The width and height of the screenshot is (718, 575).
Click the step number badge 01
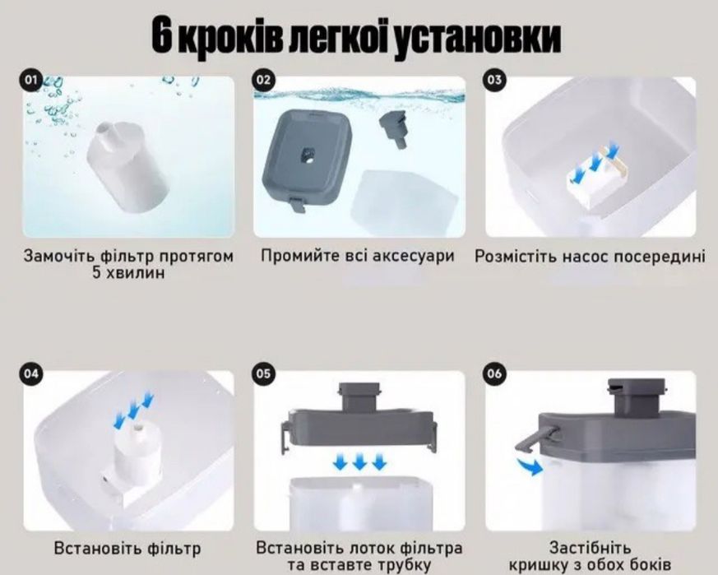coord(30,81)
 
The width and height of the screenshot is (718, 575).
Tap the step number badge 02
coord(263,81)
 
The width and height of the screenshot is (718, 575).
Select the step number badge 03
coord(494,81)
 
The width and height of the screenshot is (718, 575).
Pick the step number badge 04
coord(30,373)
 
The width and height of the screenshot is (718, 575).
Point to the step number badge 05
coord(263,373)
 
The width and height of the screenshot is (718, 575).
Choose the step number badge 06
coord(494,373)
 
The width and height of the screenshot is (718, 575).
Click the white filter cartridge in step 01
coord(128,168)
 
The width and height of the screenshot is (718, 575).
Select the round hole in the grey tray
coord(308,155)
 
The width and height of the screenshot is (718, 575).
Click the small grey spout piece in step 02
coord(393,129)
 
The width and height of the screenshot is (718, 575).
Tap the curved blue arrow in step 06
coord(530,466)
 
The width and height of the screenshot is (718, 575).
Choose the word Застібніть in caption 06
coord(591,548)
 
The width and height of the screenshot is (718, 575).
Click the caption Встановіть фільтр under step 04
coord(127,549)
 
